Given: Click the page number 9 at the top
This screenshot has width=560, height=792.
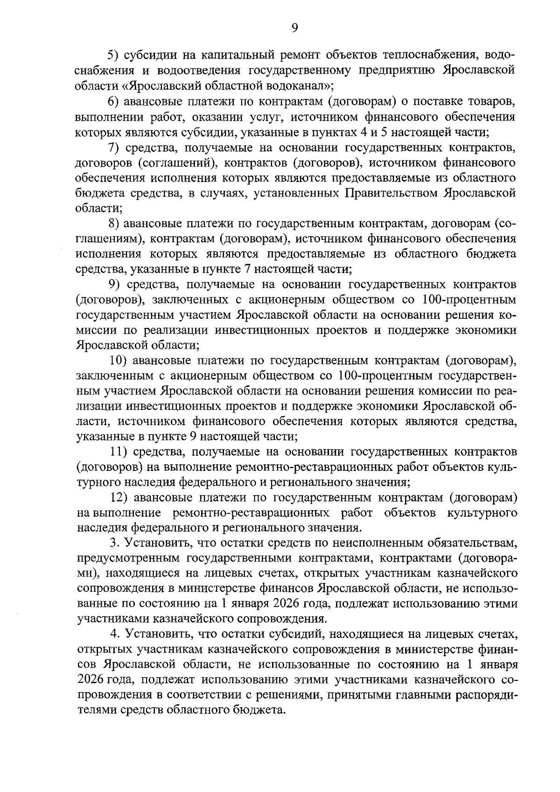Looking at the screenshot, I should tap(294, 29).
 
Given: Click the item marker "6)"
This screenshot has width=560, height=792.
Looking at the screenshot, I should tap(115, 102).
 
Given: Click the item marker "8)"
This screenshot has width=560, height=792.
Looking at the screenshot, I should tap(115, 224).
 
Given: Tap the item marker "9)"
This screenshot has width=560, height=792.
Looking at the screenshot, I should tap(115, 284).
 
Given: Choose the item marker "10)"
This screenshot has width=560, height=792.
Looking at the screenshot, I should tap(118, 361).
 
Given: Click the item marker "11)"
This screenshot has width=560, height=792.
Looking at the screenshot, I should tap(118, 452).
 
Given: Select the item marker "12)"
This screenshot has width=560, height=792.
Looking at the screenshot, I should tap(118, 498).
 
